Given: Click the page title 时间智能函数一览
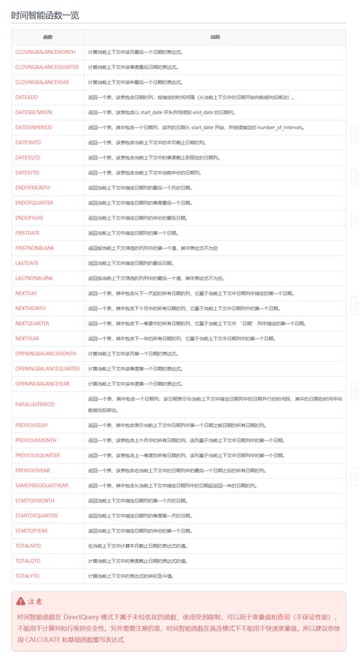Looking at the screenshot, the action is pos(45,14).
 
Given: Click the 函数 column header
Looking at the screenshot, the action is pos(48,36).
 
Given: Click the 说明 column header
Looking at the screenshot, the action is pos(214,36).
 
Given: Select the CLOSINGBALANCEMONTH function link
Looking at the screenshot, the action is pos(46,52).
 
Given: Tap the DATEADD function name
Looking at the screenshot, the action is pos(27,97).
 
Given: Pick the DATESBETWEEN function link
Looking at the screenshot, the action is pos(34,112).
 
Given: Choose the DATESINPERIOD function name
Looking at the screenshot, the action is pos(34,127).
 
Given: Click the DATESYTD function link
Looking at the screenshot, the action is pos(27,172).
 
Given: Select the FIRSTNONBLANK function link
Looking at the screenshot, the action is pos(35,247).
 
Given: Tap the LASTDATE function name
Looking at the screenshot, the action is pos(27,262).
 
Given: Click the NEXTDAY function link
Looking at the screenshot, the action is pos(27,293).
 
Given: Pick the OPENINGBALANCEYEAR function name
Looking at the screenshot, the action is pos(43,384).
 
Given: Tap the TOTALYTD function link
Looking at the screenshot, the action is pos(27,575).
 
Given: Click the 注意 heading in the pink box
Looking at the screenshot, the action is pos(36,600).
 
